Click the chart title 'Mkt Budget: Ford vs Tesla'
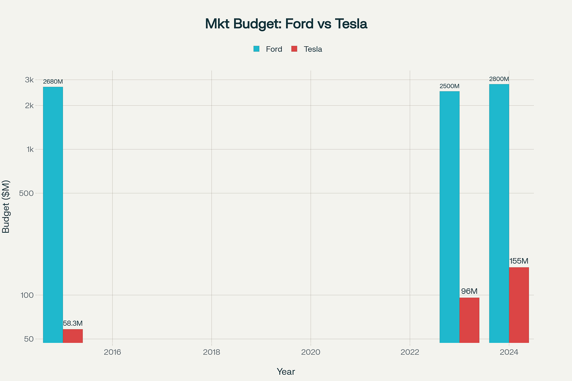pyautogui.click(x=286, y=24)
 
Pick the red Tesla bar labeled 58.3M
pyautogui.click(x=73, y=336)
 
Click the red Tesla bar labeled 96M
pyautogui.click(x=469, y=320)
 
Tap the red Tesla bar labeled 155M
pyautogui.click(x=519, y=305)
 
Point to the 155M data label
pyautogui.click(x=519, y=261)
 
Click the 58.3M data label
pyautogui.click(x=73, y=323)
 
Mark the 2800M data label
pyautogui.click(x=499, y=79)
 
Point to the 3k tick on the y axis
pyautogui.click(x=29, y=80)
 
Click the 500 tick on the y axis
pyautogui.click(x=27, y=193)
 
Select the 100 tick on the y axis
pyautogui.click(x=27, y=295)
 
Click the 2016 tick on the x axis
pyautogui.click(x=112, y=352)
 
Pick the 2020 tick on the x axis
pyautogui.click(x=310, y=352)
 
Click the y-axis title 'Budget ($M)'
pyautogui.click(x=6, y=206)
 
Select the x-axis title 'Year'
pyautogui.click(x=286, y=372)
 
